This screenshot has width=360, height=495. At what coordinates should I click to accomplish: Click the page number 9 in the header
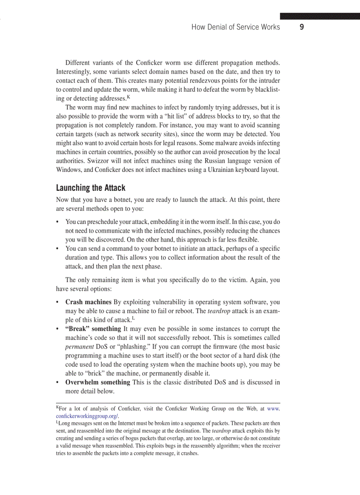[302, 27]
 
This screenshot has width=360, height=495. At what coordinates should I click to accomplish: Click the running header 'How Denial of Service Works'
[236, 27]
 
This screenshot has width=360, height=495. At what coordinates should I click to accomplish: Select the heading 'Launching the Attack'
[90, 188]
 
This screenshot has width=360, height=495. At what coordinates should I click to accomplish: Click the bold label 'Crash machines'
[88, 302]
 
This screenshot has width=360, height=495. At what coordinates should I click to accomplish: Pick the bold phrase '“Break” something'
[93, 329]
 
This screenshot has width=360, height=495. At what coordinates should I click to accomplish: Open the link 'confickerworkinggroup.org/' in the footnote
[87, 416]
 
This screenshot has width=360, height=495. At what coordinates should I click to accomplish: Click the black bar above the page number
[320, 16]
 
